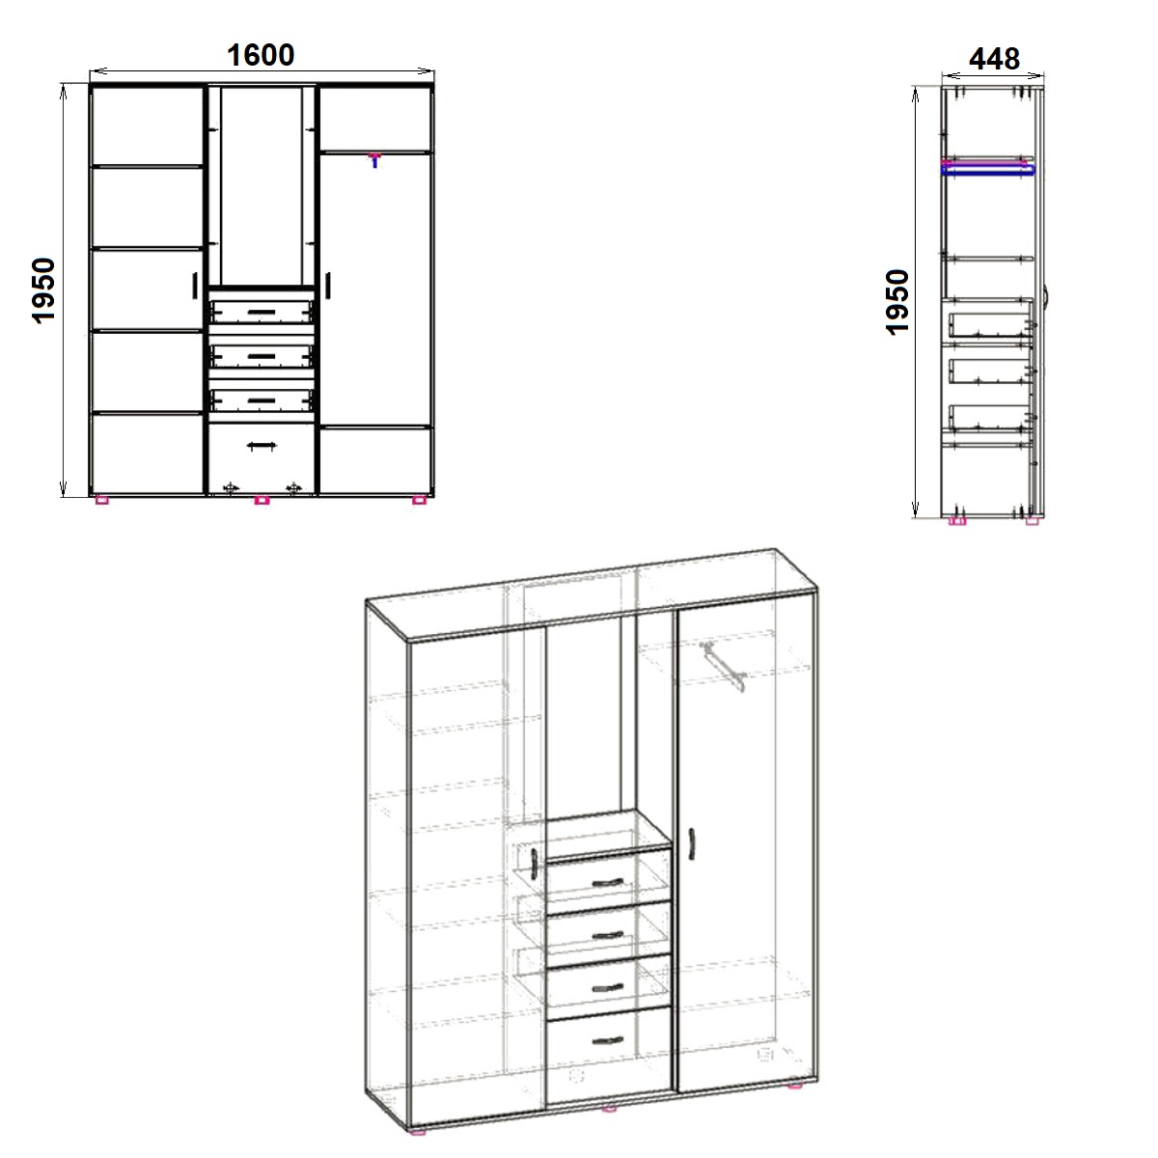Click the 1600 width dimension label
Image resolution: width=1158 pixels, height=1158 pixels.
coord(261,55)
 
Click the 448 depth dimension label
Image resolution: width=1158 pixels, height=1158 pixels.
coord(994,59)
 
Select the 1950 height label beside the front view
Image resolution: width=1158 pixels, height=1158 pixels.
coord(43,290)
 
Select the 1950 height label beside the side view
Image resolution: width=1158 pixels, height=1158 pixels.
coord(897,302)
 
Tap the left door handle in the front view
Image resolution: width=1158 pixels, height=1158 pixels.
coord(195,286)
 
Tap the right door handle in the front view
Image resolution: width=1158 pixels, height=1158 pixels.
coord(328,286)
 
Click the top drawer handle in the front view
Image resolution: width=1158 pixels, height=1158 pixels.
coord(262,312)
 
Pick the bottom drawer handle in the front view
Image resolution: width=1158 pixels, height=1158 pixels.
coord(262,445)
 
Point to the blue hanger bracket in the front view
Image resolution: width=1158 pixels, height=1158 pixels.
coord(375,160)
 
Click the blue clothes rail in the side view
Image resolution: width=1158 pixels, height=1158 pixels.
coord(988,171)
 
